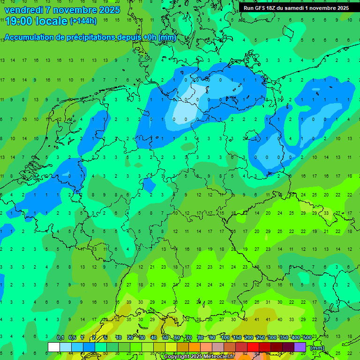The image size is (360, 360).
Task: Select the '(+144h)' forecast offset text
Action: pyautogui.click(x=83, y=21)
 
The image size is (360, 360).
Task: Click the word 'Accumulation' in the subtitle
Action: pyautogui.click(x=29, y=37)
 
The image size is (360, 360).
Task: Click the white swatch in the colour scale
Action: pyautogui.click(x=54, y=347)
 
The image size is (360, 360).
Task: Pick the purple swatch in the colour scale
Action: pyautogui.click(x=300, y=347)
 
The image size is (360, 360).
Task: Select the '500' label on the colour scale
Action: pyautogui.click(x=307, y=337)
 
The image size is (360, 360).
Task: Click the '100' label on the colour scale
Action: pyautogui.click(x=225, y=337)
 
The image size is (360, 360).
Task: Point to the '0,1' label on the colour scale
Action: pyautogui.click(x=60, y=337)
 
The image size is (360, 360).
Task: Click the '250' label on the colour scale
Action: pyautogui.click(x=260, y=337)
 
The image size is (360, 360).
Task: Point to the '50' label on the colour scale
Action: pyautogui.click(x=165, y=337)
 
